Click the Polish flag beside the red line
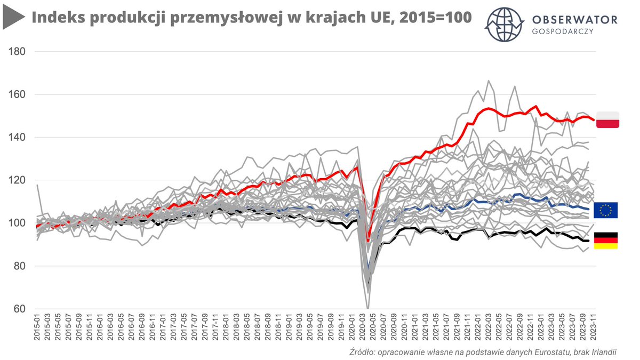pyautogui.click(x=607, y=120)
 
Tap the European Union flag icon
pyautogui.click(x=605, y=210)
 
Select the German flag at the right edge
pyautogui.click(x=605, y=241)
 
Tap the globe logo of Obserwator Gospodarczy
pyautogui.click(x=504, y=25)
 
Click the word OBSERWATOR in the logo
pyautogui.click(x=575, y=20)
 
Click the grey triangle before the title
pyautogui.click(x=13, y=19)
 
